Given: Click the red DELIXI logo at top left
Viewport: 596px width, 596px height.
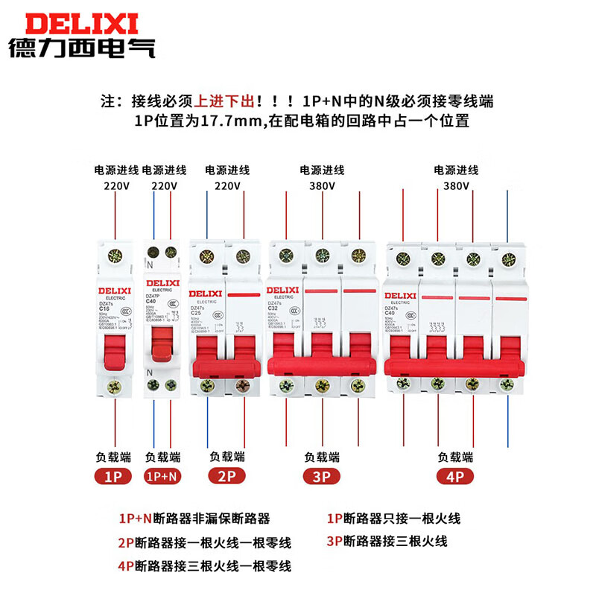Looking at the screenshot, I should (81, 20).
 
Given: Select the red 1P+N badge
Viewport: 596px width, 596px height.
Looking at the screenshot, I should (162, 476).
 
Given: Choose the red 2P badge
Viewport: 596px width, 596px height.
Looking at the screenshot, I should (227, 476).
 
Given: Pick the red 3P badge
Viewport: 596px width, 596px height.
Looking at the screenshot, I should (323, 476).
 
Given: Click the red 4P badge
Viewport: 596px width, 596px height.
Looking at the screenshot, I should (455, 476).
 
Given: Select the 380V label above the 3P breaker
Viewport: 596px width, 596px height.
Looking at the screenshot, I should (322, 186).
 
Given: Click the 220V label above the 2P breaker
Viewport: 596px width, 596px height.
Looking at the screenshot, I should (226, 186).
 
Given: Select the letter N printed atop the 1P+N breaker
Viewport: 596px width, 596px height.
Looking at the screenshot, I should (150, 264).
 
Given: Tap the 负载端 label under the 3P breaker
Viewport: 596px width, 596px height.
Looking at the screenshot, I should (322, 456).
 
